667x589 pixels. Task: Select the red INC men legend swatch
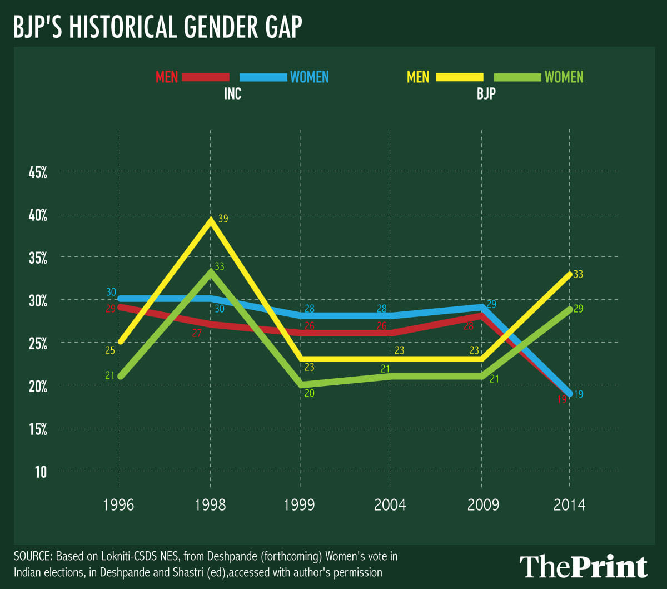205,77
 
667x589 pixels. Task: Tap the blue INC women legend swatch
263,77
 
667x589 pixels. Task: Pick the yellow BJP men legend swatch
460,77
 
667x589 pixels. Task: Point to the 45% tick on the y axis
38,172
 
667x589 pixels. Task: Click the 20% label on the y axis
38,386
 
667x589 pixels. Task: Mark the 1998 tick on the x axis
210,505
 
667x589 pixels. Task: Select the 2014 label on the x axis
569,505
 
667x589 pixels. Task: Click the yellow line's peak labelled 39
211,219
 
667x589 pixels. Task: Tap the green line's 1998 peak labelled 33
210,271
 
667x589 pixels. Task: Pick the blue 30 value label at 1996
111,292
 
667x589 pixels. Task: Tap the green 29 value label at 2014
578,309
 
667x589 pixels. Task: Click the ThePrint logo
583,566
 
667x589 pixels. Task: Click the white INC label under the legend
232,93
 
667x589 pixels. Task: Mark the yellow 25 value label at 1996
109,350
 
